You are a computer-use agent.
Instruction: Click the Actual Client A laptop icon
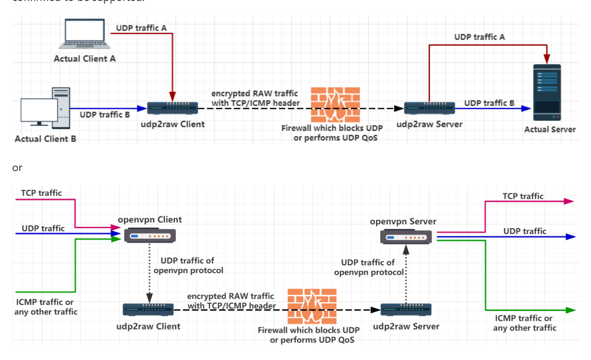[x=85, y=34]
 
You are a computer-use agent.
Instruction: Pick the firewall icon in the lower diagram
[x=312, y=305]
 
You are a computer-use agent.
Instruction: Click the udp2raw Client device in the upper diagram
[x=173, y=108]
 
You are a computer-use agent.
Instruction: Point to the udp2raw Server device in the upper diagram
[x=429, y=108]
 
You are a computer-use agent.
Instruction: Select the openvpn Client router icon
[x=150, y=236]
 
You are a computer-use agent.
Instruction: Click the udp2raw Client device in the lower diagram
[x=148, y=309]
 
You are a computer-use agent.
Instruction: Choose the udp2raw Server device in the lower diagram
[x=406, y=309]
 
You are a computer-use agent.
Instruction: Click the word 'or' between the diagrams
[x=17, y=167]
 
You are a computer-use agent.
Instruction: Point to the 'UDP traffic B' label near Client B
[x=105, y=115]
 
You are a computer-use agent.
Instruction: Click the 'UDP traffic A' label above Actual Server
[x=479, y=37]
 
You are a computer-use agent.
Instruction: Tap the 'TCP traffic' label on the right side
[x=523, y=196]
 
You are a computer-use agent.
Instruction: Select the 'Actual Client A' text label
[x=85, y=59]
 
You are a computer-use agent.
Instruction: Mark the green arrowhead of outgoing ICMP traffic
[x=571, y=310]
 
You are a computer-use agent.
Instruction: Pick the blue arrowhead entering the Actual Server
[x=527, y=108]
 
